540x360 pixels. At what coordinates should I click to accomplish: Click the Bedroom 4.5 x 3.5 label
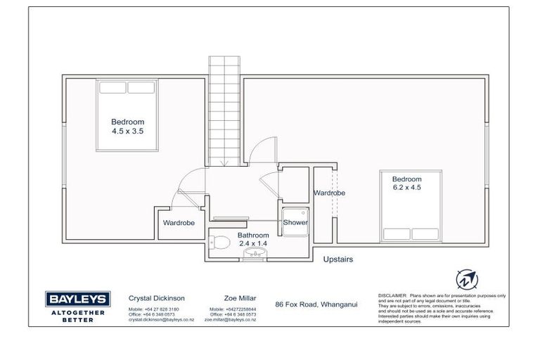[x=127, y=126]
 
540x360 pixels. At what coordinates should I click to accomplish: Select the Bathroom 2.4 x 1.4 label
[x=252, y=238]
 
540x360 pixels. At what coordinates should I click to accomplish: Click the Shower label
[x=295, y=222]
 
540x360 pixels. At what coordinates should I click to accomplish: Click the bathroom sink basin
[x=252, y=255]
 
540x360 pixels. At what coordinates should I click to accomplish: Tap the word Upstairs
[x=337, y=259]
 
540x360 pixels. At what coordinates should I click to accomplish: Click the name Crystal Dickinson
[x=152, y=298]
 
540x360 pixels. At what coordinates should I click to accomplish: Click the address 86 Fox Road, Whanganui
[x=316, y=303]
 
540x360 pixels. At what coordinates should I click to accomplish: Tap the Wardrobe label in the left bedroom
[x=179, y=223]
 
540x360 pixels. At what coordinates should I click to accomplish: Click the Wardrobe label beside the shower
[x=328, y=193]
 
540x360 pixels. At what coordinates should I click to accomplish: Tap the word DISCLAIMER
[x=392, y=296]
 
